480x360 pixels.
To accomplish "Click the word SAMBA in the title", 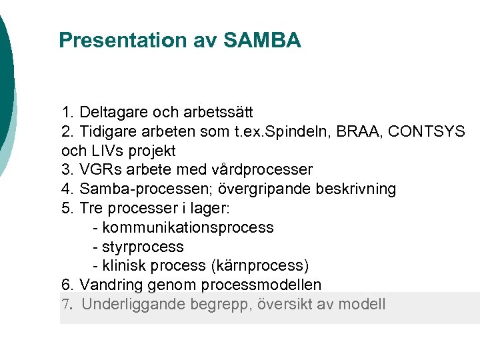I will coord(263,41).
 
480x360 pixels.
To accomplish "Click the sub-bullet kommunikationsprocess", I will coord(187,227).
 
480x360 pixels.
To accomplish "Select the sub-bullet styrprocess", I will coord(143,247).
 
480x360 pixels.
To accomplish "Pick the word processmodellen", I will coord(265,285).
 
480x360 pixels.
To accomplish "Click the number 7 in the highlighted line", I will coord(65,305).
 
